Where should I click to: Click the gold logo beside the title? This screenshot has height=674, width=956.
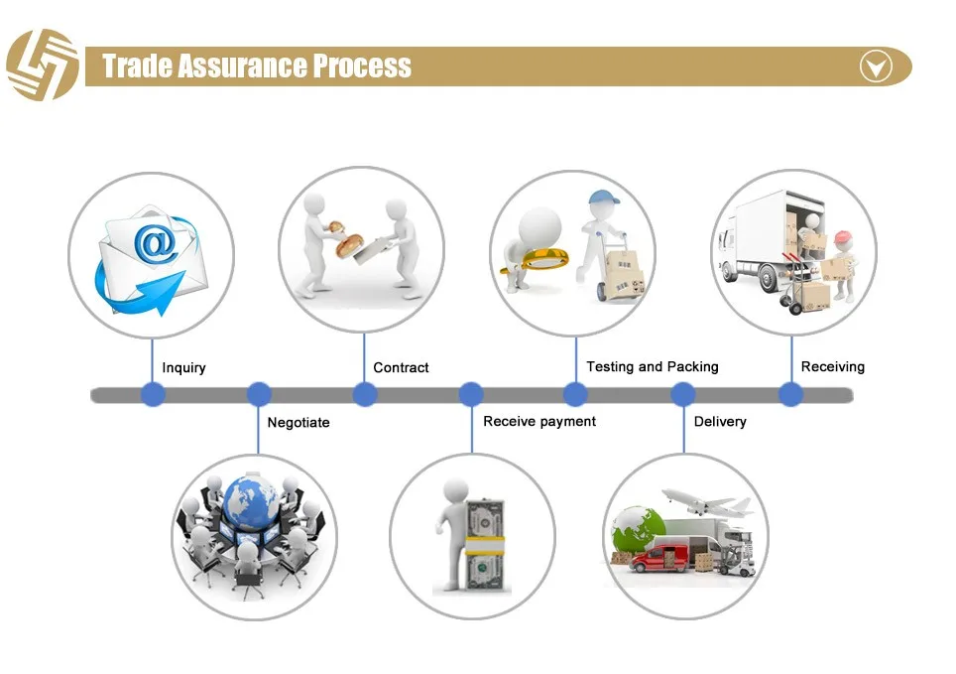pyautogui.click(x=42, y=65)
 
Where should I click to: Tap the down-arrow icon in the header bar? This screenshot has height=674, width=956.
pyautogui.click(x=876, y=67)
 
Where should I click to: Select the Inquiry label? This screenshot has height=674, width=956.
pyautogui.click(x=183, y=368)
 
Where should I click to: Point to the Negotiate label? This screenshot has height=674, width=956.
pyautogui.click(x=299, y=423)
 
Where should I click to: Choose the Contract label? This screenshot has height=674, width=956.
pyautogui.click(x=401, y=368)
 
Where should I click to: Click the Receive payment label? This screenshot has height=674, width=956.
pyautogui.click(x=539, y=422)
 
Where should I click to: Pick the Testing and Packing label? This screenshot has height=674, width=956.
pyautogui.click(x=652, y=367)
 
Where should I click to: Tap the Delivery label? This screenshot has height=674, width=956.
pyautogui.click(x=720, y=422)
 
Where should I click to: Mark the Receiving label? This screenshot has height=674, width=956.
pyautogui.click(x=832, y=367)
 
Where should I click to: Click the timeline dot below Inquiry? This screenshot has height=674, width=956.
pyautogui.click(x=152, y=395)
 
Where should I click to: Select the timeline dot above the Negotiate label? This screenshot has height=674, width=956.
pyautogui.click(x=259, y=395)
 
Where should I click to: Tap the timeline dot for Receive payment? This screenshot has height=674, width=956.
pyautogui.click(x=471, y=395)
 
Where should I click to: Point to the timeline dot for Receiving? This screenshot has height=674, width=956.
pyautogui.click(x=790, y=395)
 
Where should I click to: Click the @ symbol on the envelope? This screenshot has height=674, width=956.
pyautogui.click(x=158, y=244)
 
